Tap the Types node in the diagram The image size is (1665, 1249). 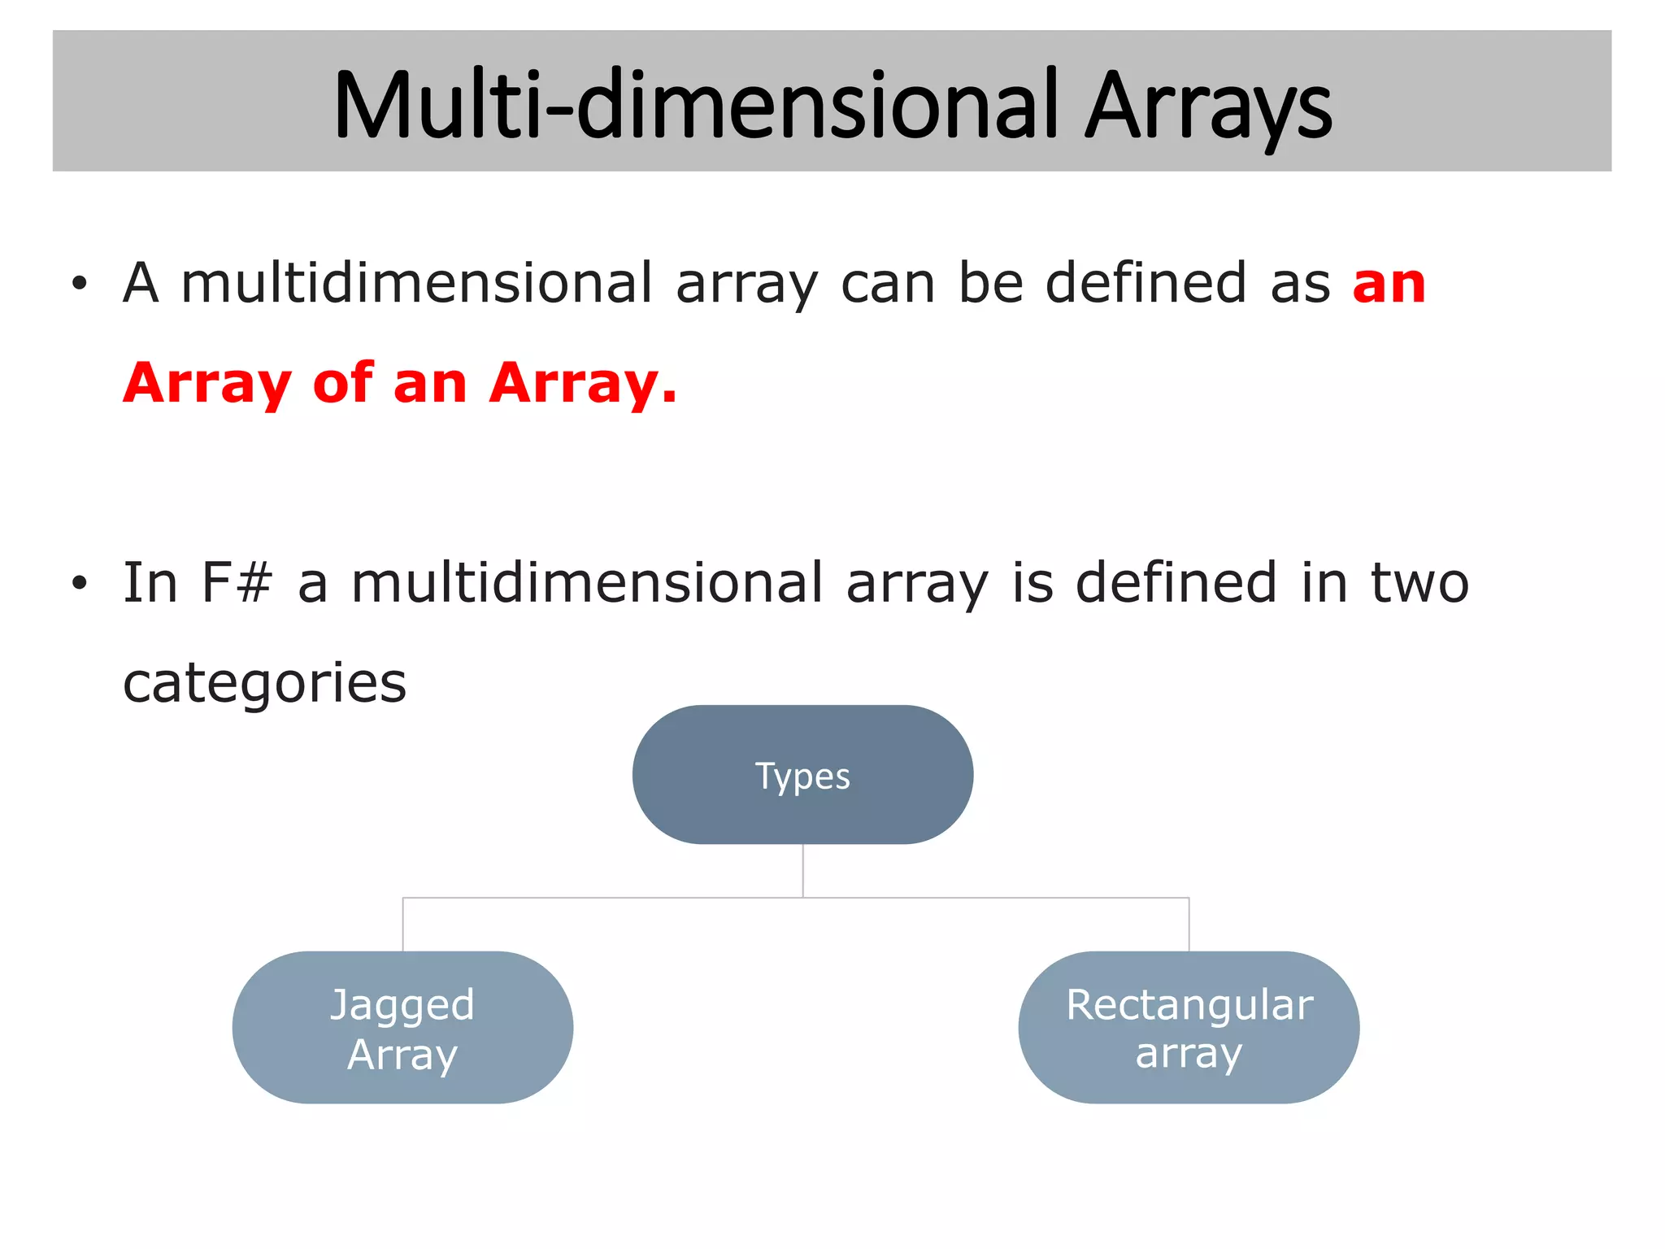click(x=802, y=775)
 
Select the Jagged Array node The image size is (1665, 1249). click(x=402, y=1027)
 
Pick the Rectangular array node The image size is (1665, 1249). click(x=1189, y=1027)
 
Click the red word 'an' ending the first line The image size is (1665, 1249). click(x=1389, y=285)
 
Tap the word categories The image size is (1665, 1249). click(x=264, y=683)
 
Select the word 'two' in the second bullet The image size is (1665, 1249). click(x=1420, y=583)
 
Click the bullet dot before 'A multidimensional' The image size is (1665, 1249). click(x=79, y=285)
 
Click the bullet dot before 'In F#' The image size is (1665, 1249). click(x=79, y=583)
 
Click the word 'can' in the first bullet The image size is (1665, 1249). click(x=888, y=285)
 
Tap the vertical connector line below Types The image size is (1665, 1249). click(x=802, y=870)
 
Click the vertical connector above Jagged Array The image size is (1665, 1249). click(x=403, y=925)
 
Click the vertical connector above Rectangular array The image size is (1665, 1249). click(x=1189, y=925)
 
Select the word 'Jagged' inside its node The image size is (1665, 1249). click(x=402, y=1005)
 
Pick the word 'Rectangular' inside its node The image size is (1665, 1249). click(x=1189, y=1004)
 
